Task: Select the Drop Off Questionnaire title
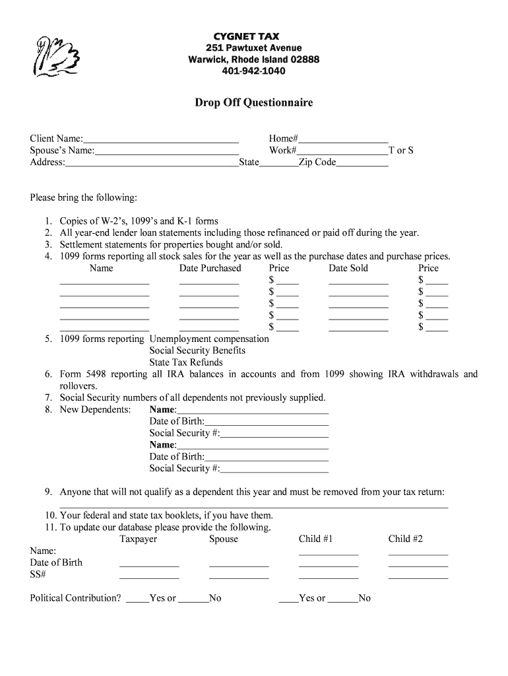click(x=253, y=103)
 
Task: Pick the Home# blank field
click(x=343, y=139)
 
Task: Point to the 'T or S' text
click(x=401, y=151)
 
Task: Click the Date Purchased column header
click(x=210, y=268)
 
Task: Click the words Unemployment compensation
click(x=209, y=339)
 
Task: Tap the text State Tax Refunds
click(x=186, y=362)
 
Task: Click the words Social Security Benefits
click(x=197, y=351)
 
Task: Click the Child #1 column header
click(x=315, y=539)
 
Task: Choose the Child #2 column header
click(x=405, y=539)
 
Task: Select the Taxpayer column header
click(x=138, y=539)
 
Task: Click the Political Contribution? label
click(x=75, y=598)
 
